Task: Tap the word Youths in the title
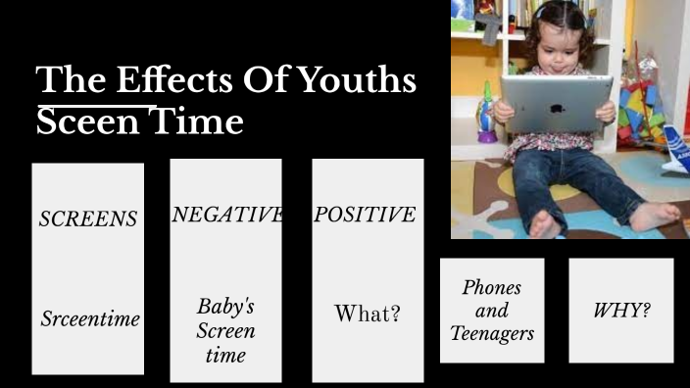pos(359,80)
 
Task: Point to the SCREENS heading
pos(88,218)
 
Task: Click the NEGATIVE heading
pos(226,215)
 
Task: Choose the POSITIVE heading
pos(365,215)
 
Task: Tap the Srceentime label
pos(90,318)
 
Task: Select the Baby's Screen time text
pos(225,330)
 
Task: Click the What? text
pos(368,314)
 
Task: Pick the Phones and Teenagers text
pos(492,311)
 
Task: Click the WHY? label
pos(621,311)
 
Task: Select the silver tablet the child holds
pos(556,104)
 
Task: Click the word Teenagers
pos(492,333)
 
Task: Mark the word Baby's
pos(225,307)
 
